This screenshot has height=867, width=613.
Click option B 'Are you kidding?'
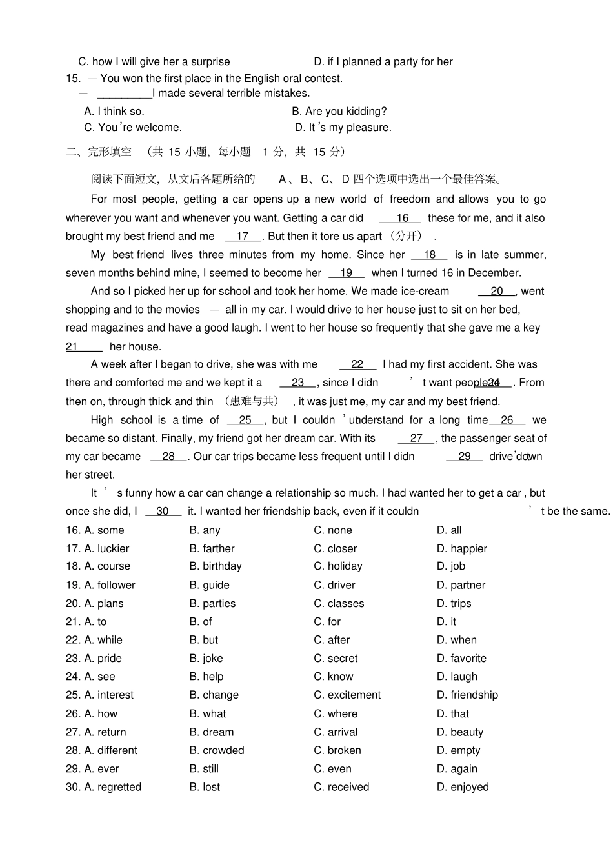pyautogui.click(x=339, y=112)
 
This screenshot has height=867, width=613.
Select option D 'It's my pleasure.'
pyautogui.click(x=343, y=128)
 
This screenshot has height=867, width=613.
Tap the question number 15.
pyautogui.click(x=73, y=79)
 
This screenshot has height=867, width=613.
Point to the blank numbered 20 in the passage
pyautogui.click(x=496, y=292)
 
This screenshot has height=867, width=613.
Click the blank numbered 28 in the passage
pyautogui.click(x=168, y=457)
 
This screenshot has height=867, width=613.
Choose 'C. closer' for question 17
pyautogui.click(x=335, y=549)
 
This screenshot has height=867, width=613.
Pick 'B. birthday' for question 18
pyautogui.click(x=216, y=566)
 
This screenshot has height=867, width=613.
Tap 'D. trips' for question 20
pyautogui.click(x=454, y=604)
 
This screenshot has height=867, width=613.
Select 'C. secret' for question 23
pyautogui.click(x=336, y=659)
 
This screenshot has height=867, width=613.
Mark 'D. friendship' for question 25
pyautogui.click(x=467, y=695)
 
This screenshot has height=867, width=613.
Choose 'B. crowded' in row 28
pyautogui.click(x=217, y=751)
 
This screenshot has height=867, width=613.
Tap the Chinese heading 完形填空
pyautogui.click(x=110, y=152)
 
